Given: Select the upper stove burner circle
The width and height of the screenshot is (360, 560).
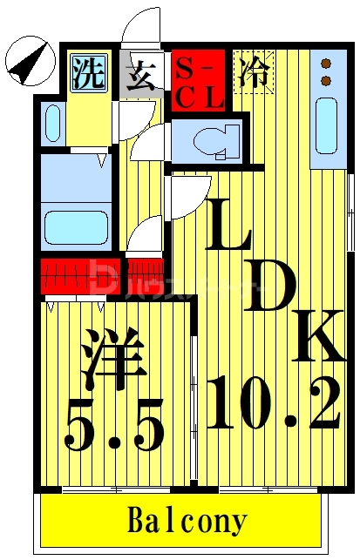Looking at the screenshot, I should pyautogui.click(x=327, y=64).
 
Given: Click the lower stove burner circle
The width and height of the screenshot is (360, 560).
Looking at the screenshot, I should pyautogui.click(x=327, y=81).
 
